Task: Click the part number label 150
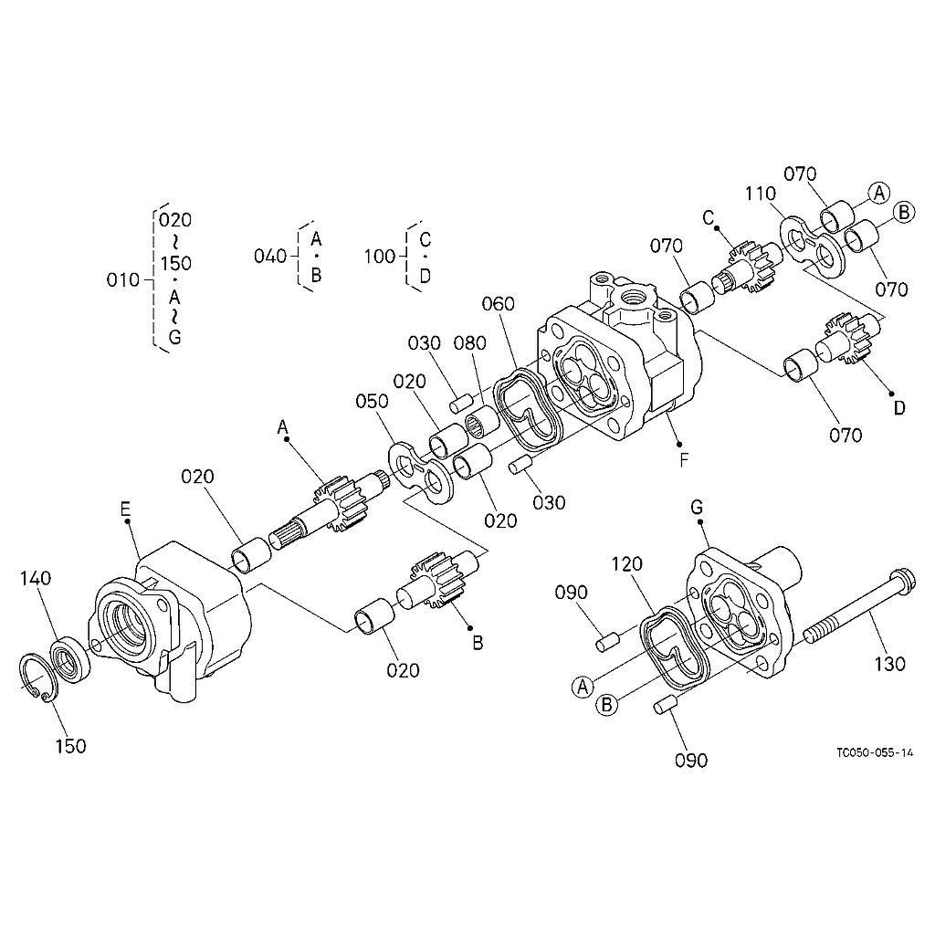click(70, 746)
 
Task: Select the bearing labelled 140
click(69, 659)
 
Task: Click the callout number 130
click(889, 664)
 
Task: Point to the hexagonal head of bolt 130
click(900, 578)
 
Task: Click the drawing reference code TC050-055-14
click(874, 752)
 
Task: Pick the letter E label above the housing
click(124, 509)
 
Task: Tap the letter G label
click(697, 508)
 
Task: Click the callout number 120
click(626, 563)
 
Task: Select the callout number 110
click(761, 194)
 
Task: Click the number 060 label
click(498, 303)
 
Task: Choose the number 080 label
click(470, 343)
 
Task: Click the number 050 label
click(373, 401)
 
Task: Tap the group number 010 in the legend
click(123, 279)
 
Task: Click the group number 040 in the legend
click(270, 256)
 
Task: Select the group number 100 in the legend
click(380, 256)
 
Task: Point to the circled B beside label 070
click(904, 212)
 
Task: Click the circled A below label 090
click(583, 688)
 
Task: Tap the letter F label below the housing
click(684, 460)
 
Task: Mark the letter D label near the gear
click(899, 408)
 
